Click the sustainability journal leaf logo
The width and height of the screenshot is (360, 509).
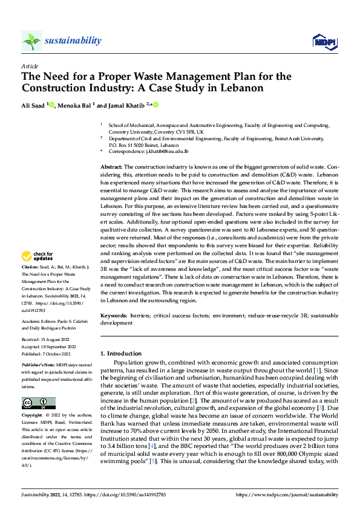pyautogui.click(x=31, y=41)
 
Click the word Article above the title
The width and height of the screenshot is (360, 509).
pyautogui.click(x=29, y=66)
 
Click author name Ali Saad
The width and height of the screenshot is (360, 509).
pyautogui.click(x=34, y=105)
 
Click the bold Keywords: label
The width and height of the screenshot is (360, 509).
pyautogui.click(x=114, y=316)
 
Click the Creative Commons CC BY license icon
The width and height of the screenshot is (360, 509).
pyautogui.click(x=38, y=403)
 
